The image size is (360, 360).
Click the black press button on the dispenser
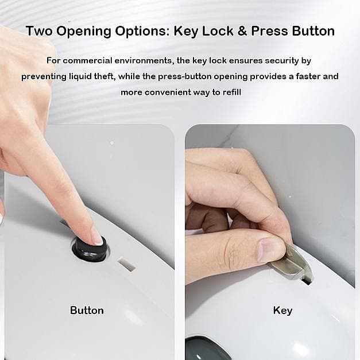[x=90, y=250]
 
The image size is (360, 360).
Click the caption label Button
[x=87, y=311]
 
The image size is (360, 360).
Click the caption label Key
[x=282, y=311]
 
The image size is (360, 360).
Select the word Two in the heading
[x=39, y=31]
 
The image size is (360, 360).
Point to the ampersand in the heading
[x=242, y=31]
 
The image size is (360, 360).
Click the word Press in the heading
[x=269, y=31]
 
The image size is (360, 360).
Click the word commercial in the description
[x=87, y=61]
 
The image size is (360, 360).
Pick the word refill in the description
[x=232, y=92]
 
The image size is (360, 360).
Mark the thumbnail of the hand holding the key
[x=269, y=250]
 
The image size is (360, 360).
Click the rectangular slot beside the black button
[x=126, y=265]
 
